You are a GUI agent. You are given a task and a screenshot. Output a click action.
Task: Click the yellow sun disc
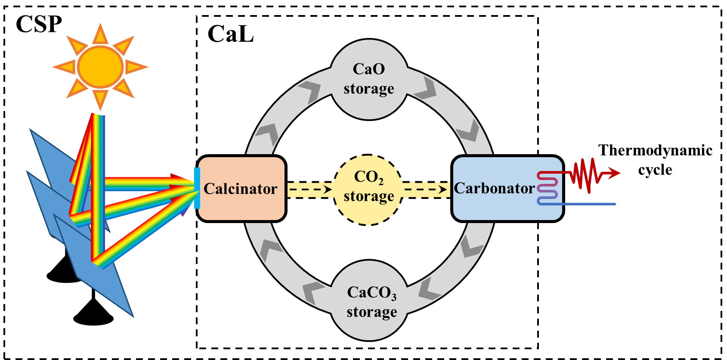[100, 67]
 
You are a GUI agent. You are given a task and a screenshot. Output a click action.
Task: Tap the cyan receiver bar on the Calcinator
[197, 188]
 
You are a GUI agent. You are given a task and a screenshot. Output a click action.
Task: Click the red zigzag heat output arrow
[585, 174]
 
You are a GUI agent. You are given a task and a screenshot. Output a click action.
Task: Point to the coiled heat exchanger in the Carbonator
[548, 188]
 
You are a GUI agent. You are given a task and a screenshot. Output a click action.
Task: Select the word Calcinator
[240, 189]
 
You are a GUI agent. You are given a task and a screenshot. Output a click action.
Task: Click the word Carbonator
[494, 188]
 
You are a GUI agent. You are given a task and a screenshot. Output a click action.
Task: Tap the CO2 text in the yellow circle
[368, 177]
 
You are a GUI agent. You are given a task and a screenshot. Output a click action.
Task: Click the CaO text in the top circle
[369, 69]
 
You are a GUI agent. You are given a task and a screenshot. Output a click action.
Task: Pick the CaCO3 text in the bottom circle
[371, 293]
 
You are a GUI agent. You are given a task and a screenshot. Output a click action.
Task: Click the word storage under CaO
[369, 89]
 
